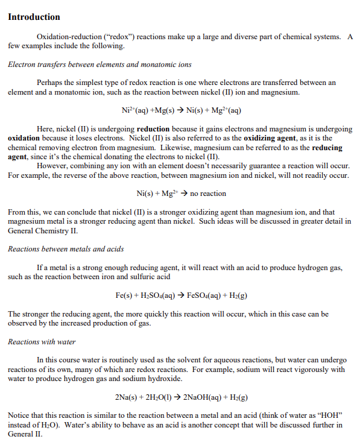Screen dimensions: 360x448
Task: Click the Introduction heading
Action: click(x=34, y=17)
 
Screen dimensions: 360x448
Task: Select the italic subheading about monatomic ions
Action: click(x=99, y=65)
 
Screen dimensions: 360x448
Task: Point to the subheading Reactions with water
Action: click(x=42, y=342)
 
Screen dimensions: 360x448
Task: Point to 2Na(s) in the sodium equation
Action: click(x=124, y=398)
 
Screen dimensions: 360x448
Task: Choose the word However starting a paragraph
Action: click(x=52, y=166)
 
